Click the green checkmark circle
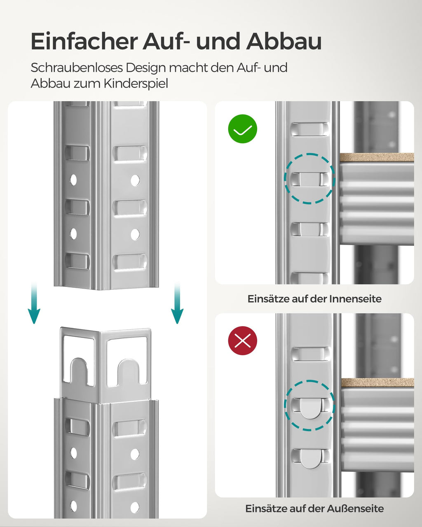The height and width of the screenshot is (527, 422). point(243,129)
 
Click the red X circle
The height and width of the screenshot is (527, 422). point(243,340)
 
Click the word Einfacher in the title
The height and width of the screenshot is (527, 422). point(84,41)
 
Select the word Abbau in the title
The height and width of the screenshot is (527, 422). point(284,41)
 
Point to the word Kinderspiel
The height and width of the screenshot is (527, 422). point(136,84)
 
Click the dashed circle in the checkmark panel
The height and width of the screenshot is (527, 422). point(309,179)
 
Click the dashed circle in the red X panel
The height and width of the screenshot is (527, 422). point(309,406)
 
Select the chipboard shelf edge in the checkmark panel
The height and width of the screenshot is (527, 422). point(377,157)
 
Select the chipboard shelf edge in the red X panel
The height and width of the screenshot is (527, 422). point(377,382)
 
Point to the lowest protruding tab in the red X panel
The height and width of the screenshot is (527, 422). point(309,458)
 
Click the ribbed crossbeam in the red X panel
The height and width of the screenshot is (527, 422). point(377,428)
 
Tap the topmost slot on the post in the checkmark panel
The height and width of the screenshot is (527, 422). point(309,129)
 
